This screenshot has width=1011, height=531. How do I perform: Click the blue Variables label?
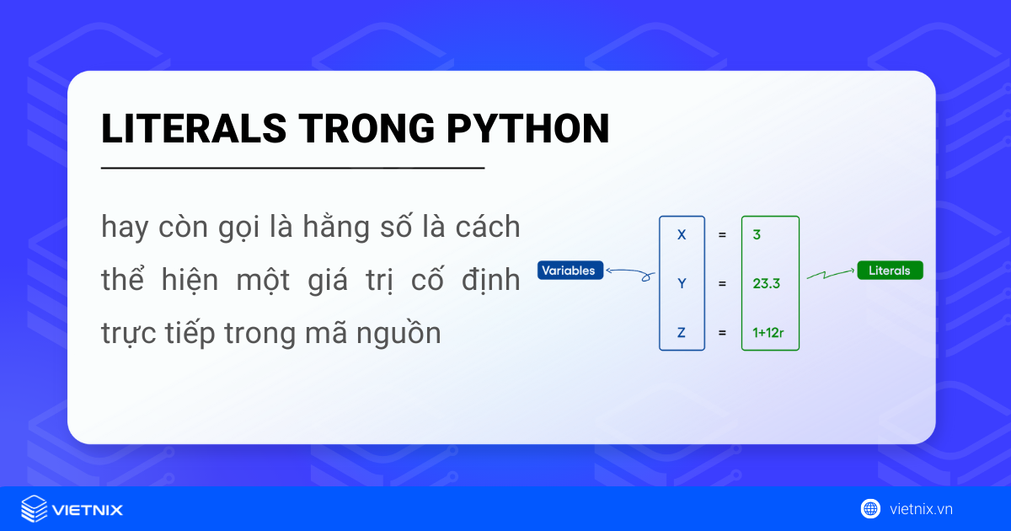pos(570,271)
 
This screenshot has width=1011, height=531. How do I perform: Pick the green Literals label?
pos(890,271)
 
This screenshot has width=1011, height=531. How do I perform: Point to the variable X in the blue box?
pos(682,235)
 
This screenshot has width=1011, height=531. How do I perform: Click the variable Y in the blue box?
pos(682,284)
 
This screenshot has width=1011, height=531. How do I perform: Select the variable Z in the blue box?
pos(682,333)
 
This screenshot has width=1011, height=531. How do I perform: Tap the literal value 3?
pos(757,235)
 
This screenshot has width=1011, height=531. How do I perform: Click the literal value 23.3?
pos(766,284)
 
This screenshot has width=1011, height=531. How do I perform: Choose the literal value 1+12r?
pos(768,333)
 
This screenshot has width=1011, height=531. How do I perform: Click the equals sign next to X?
pos(722,235)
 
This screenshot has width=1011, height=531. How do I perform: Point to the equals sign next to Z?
pos(722,333)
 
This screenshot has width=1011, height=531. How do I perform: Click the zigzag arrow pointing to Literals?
pos(830,274)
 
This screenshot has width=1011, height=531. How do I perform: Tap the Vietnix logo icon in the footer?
pos(34,509)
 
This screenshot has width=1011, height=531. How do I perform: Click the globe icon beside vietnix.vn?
pos(870,508)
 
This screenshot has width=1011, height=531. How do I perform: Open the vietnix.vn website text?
pos(920,509)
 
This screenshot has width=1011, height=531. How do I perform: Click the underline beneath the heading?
pos(292,169)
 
